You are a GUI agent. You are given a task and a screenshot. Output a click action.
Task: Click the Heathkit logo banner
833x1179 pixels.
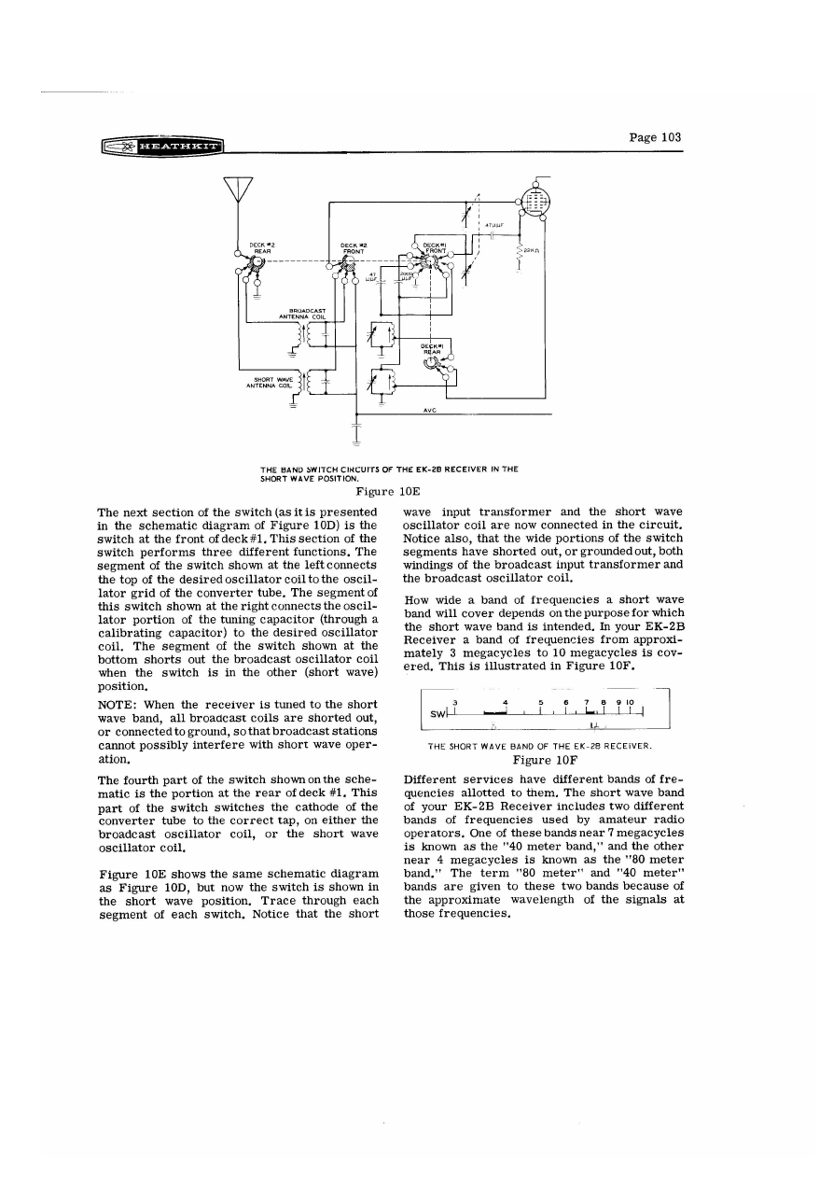click(163, 147)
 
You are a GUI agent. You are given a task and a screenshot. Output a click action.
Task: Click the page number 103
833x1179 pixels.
click(655, 137)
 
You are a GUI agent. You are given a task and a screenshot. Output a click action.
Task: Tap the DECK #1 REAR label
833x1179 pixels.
click(430, 349)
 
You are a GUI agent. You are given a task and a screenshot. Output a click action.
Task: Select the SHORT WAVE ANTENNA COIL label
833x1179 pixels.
click(267, 382)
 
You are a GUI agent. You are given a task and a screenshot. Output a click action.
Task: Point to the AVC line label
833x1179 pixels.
click(430, 409)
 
